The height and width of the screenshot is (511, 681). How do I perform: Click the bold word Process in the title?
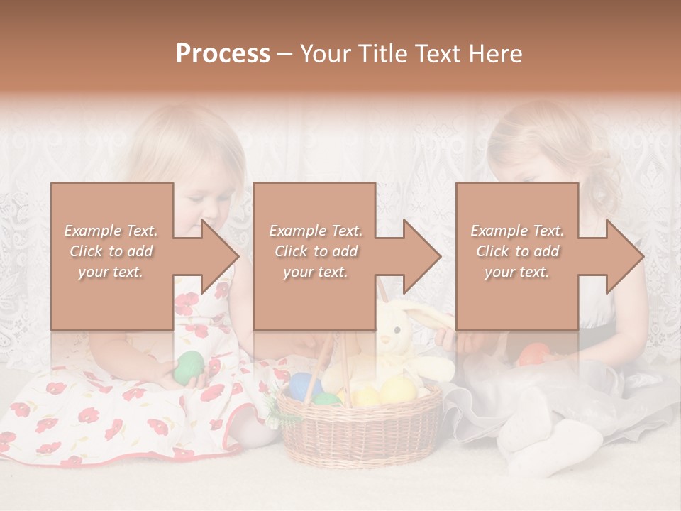coord(223,54)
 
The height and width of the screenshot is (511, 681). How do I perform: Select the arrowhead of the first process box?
coord(217,256)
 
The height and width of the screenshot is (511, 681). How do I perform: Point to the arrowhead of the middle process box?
coord(420,256)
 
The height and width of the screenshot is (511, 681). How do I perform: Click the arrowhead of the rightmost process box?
coord(623,256)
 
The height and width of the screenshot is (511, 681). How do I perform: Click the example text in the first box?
coord(111,251)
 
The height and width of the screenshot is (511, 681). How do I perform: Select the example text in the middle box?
coord(315,251)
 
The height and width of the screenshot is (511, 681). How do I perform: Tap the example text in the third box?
coord(517,251)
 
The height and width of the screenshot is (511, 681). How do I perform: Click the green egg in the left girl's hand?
coord(189,366)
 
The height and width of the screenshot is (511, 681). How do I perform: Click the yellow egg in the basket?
coord(397,390)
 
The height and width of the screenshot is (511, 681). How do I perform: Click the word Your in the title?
coord(326,54)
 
